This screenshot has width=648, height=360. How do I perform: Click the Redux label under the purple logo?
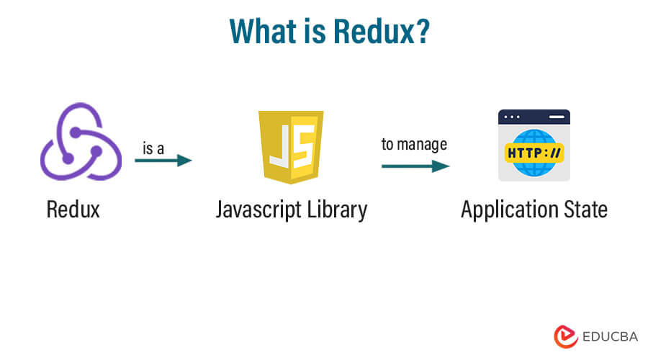(x=73, y=210)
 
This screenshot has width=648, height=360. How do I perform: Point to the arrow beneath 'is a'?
(x=163, y=161)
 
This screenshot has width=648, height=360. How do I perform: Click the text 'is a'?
(x=153, y=147)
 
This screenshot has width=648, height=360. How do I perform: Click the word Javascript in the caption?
(x=263, y=210)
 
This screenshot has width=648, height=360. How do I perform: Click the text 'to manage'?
(x=414, y=144)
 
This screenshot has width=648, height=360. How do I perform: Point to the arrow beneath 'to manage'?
(x=415, y=166)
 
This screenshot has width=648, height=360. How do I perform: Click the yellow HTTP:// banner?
(x=534, y=153)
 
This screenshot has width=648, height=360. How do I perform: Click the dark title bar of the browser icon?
(x=534, y=116)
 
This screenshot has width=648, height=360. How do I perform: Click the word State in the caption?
(x=582, y=210)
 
